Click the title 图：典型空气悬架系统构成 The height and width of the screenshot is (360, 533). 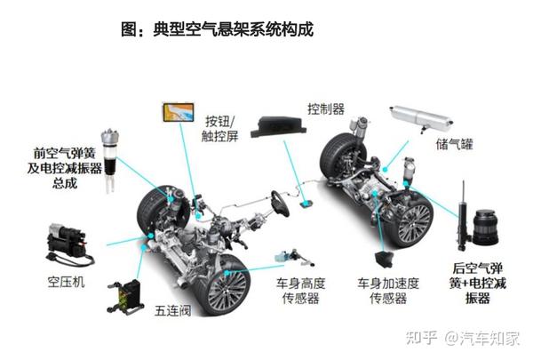[x=218, y=30]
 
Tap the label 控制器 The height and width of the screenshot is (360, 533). [x=326, y=108]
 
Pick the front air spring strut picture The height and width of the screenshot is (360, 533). [x=110, y=153]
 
